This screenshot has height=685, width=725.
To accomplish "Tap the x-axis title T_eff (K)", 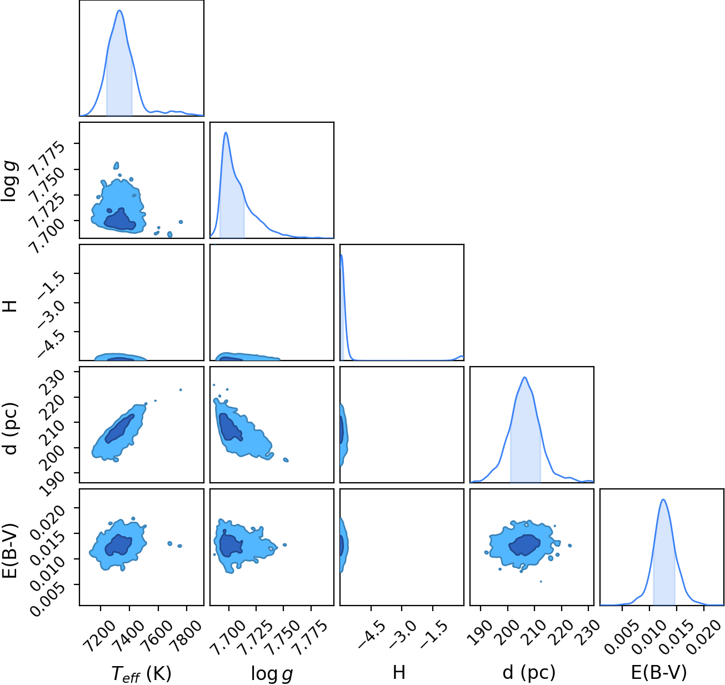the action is pyautogui.click(x=141, y=673).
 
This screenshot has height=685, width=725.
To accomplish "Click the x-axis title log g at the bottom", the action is pyautogui.click(x=272, y=673).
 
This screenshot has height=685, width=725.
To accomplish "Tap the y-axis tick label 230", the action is pyautogui.click(x=54, y=382).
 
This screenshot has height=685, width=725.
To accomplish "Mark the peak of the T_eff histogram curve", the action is pyautogui.click(x=119, y=10).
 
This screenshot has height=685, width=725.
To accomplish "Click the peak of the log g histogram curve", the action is pyautogui.click(x=226, y=133).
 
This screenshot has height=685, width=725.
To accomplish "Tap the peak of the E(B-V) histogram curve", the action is pyautogui.click(x=663, y=499).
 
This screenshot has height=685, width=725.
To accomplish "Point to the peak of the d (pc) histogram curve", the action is pyautogui.click(x=525, y=377).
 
